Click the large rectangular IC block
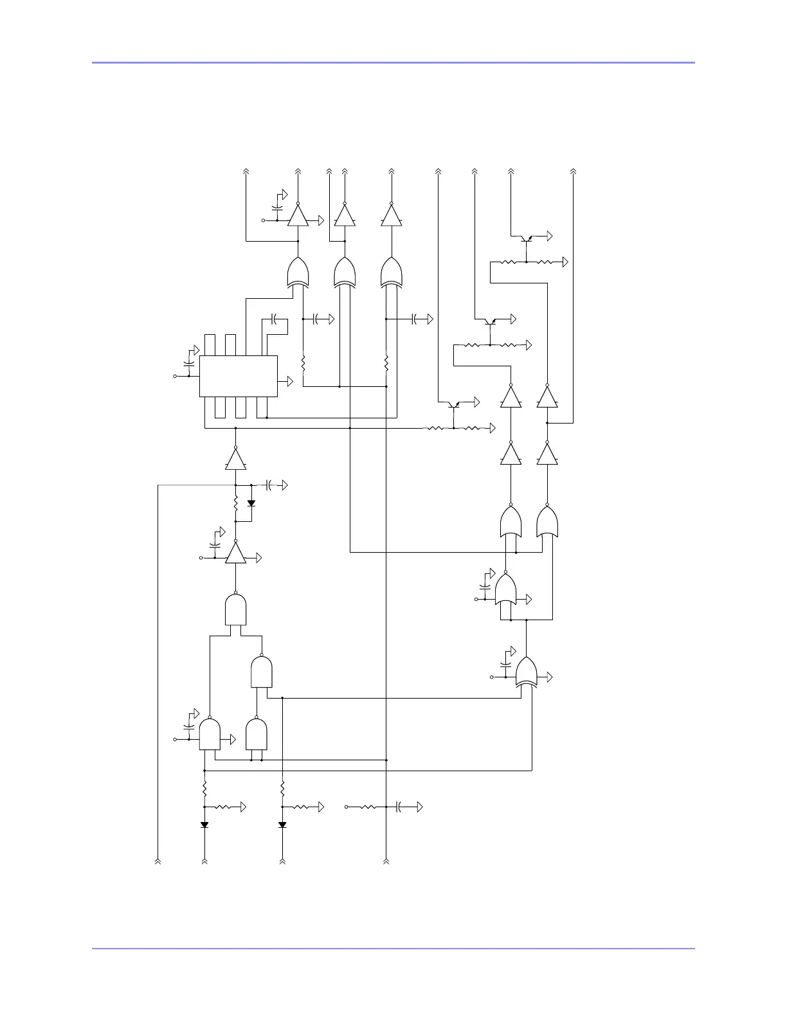click(x=239, y=376)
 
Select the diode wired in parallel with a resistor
click(x=251, y=503)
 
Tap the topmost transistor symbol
click(x=527, y=238)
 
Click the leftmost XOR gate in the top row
click(x=298, y=272)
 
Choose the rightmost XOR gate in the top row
click(x=392, y=272)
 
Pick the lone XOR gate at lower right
click(x=527, y=672)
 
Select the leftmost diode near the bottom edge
click(x=204, y=825)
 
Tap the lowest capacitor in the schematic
click(x=399, y=807)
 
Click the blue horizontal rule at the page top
click(x=394, y=62)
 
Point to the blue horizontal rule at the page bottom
click(x=394, y=948)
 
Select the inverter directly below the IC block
click(x=236, y=460)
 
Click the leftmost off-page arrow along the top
click(x=246, y=172)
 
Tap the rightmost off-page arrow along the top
click(x=573, y=172)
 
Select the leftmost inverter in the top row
click(x=298, y=215)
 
